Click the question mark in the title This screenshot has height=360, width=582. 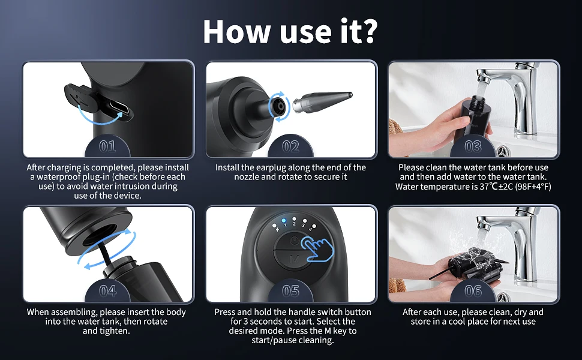pyautogui.click(x=367, y=32)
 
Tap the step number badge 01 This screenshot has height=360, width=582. pyautogui.click(x=107, y=146)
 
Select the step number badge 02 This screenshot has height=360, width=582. pyautogui.click(x=290, y=146)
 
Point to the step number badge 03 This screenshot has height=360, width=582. pyautogui.click(x=473, y=146)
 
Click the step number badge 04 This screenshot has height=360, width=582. pyautogui.click(x=107, y=290)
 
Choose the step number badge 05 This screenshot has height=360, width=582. pyautogui.click(x=290, y=290)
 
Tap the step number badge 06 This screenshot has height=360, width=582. pyautogui.click(x=473, y=290)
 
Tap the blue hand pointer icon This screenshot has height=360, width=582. pyautogui.click(x=317, y=248)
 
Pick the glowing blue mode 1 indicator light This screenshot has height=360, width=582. pyautogui.click(x=284, y=220)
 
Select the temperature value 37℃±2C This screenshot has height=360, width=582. pyautogui.click(x=496, y=187)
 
